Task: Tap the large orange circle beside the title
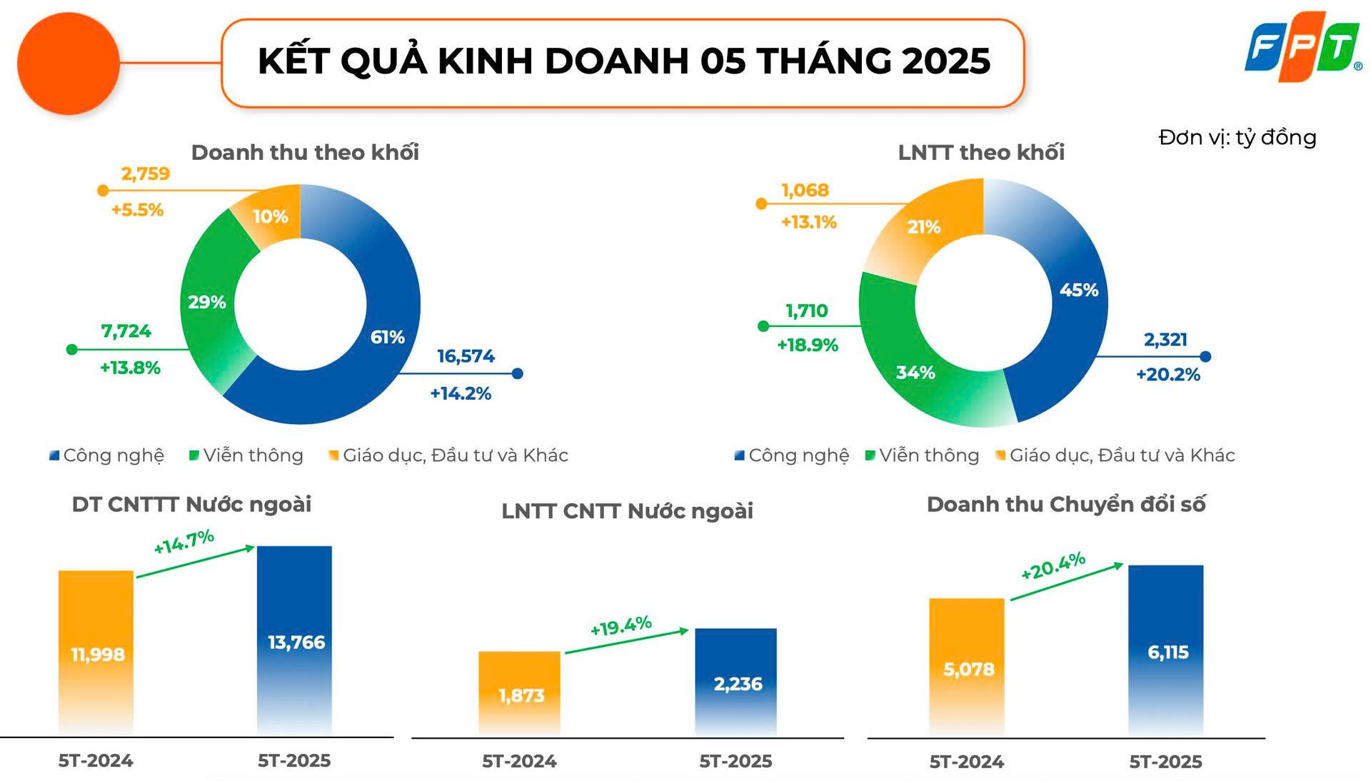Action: click(x=68, y=64)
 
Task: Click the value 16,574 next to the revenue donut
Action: click(x=466, y=356)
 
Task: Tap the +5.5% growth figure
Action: click(x=137, y=210)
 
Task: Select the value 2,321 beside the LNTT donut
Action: click(x=1165, y=340)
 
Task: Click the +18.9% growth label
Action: click(x=808, y=346)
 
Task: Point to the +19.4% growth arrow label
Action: click(x=621, y=626)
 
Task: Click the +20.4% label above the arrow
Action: click(x=1053, y=566)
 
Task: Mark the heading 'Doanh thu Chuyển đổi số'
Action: click(x=1065, y=505)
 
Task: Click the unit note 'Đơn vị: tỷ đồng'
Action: click(x=1237, y=137)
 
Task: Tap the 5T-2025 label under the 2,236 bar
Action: click(x=735, y=761)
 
